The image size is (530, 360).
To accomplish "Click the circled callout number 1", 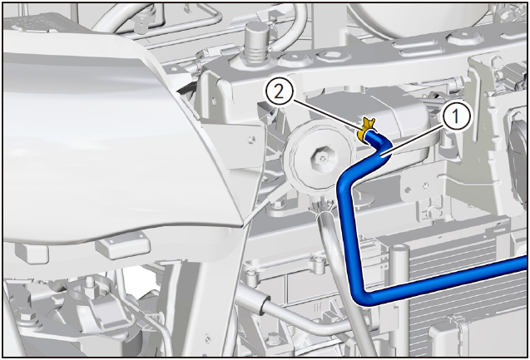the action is (x=455, y=117).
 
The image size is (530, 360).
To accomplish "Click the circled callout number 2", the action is (x=279, y=92).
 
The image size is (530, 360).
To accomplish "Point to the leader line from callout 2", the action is (x=326, y=116).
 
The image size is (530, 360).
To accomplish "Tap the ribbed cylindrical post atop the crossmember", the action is (x=256, y=43).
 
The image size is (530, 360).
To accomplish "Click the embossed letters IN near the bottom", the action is (x=318, y=308).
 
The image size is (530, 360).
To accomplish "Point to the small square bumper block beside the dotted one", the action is (x=32, y=254).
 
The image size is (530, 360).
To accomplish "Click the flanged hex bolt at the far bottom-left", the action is (x=25, y=318).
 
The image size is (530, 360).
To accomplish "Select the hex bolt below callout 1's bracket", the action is (x=434, y=212).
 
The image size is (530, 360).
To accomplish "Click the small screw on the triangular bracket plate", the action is (x=250, y=138).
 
